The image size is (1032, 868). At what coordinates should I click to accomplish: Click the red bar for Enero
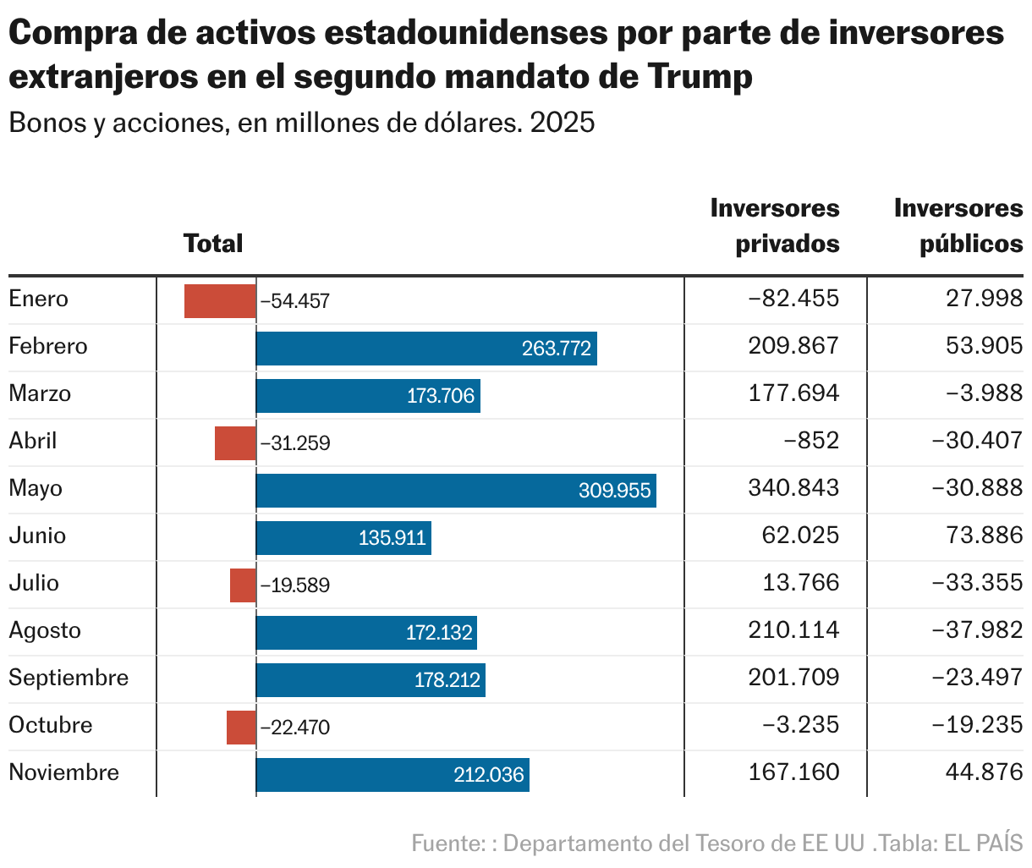click(220, 301)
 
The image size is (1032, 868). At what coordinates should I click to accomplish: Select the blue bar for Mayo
click(456, 491)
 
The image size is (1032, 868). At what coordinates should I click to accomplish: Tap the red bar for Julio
click(243, 585)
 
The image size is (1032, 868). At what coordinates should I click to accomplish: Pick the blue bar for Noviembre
click(392, 775)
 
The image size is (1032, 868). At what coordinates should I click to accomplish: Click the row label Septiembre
click(69, 678)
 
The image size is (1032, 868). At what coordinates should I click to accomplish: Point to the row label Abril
click(33, 442)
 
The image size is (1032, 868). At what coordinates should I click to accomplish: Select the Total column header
click(213, 244)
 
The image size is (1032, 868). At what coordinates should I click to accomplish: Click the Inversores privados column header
click(775, 226)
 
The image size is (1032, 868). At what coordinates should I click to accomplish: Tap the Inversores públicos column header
click(958, 226)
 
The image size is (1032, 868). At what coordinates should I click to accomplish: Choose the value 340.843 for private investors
click(793, 488)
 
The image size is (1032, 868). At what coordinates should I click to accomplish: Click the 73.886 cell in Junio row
click(985, 536)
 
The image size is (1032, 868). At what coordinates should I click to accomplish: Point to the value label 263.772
click(557, 349)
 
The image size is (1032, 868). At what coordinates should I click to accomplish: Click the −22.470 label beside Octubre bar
click(295, 728)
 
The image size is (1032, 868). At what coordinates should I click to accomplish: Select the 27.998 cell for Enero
click(985, 299)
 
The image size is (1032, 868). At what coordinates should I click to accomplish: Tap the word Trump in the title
click(700, 77)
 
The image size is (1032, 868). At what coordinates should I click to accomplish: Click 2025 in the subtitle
click(563, 124)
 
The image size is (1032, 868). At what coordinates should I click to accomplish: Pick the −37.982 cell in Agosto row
click(977, 630)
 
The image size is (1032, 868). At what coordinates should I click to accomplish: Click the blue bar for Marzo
click(368, 396)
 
